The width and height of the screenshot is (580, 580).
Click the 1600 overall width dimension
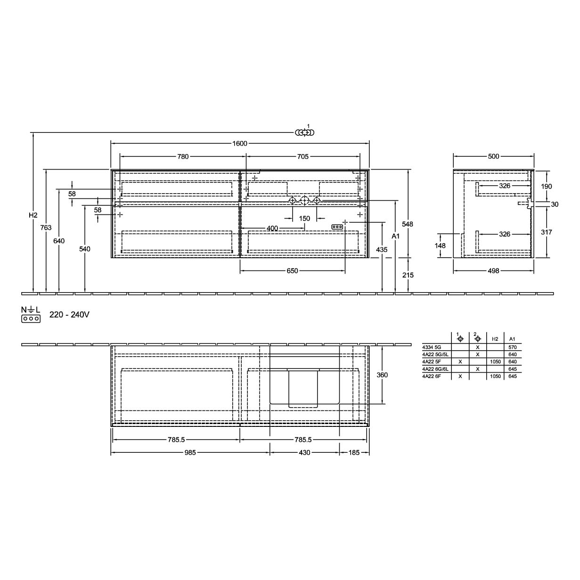point(239,144)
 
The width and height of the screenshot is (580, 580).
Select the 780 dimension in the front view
point(183,156)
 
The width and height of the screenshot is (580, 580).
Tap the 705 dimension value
point(303,156)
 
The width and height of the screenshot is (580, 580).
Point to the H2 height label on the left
point(33,215)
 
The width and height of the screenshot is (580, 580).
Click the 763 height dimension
point(46,228)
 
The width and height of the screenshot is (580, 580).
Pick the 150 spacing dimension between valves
point(304,219)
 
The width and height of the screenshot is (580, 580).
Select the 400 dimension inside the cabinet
point(272,229)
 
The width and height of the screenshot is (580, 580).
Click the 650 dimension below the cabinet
point(292,271)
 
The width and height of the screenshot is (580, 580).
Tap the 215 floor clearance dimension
point(408,275)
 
